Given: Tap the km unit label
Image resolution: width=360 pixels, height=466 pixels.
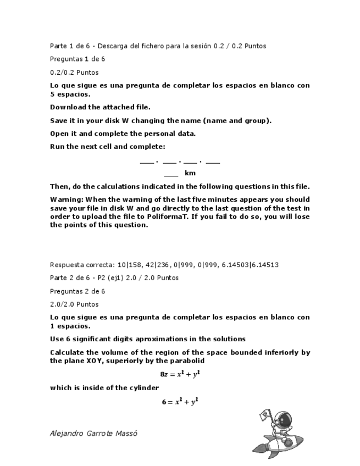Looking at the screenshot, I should pos(190,173).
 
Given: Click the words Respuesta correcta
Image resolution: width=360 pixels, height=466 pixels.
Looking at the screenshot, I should pos(77,265).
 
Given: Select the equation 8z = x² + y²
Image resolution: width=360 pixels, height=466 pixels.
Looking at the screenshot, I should pos(180,374).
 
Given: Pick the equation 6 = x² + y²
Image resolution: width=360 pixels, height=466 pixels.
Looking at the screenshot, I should pos(180,402).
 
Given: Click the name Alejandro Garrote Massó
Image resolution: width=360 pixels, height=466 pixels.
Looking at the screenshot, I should pos(93,433).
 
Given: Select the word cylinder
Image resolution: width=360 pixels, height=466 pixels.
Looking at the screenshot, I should pos(145,388).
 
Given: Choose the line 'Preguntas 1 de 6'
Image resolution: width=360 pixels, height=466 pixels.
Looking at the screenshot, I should pos(77,59).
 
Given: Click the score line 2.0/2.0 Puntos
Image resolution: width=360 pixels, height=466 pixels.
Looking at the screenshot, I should pos(74,304).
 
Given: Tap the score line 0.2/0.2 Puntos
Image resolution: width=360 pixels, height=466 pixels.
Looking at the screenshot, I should pos(74,73).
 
